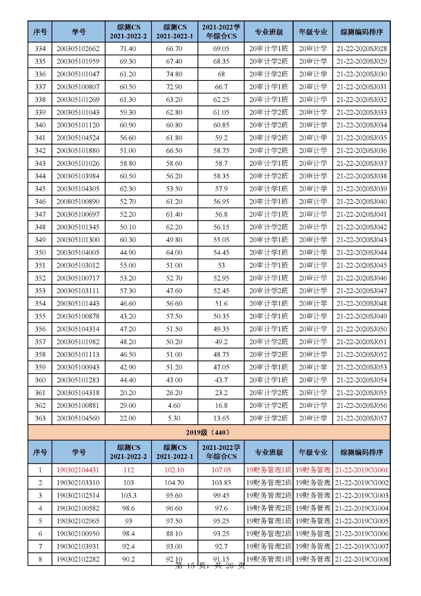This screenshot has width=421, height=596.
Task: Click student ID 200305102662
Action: pyautogui.click(x=78, y=49)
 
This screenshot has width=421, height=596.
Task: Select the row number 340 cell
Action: pyautogui.click(x=40, y=125)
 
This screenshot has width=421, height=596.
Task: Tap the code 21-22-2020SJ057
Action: pyautogui.click(x=361, y=418)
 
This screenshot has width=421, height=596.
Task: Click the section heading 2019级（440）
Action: pyautogui.click(x=208, y=432)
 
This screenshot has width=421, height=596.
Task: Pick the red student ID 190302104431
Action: pyautogui.click(x=78, y=470)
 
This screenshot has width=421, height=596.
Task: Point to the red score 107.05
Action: pyautogui.click(x=221, y=470)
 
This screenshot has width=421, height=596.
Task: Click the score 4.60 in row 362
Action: pyautogui.click(x=174, y=406)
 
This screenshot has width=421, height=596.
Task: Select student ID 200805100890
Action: pyautogui.click(x=78, y=202)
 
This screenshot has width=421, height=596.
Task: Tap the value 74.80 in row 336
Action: pyautogui.click(x=174, y=74)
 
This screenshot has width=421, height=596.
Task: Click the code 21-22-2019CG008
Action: pyautogui.click(x=361, y=559)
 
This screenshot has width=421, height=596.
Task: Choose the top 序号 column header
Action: pyautogui.click(x=40, y=32)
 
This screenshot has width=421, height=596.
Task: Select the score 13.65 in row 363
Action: pyautogui.click(x=221, y=418)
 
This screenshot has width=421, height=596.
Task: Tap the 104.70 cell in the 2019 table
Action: pyautogui.click(x=174, y=483)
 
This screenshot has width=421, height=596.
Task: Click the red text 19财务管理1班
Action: pyautogui.click(x=269, y=470)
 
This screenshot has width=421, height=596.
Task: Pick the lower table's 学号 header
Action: pyautogui.click(x=78, y=452)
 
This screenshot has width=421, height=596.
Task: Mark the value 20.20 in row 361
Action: pyautogui.click(x=128, y=393)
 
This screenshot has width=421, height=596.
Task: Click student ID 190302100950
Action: pyautogui.click(x=78, y=534)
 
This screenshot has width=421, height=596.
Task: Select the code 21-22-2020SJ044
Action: pyautogui.click(x=361, y=253)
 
